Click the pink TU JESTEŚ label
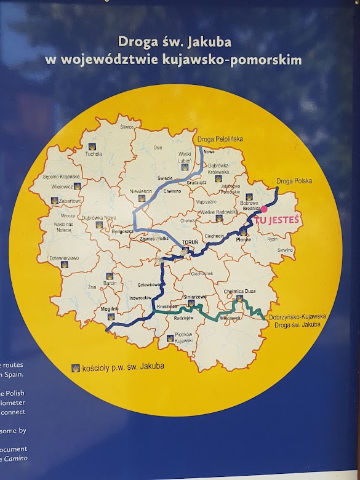coord(276,218)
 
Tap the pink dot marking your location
coord(264,209)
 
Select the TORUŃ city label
coord(190,242)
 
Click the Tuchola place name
coord(94,154)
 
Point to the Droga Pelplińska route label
coord(220,139)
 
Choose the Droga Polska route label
coord(294,181)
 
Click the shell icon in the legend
coord(76,368)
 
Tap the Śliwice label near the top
coord(127,127)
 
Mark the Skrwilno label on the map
coord(286,250)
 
